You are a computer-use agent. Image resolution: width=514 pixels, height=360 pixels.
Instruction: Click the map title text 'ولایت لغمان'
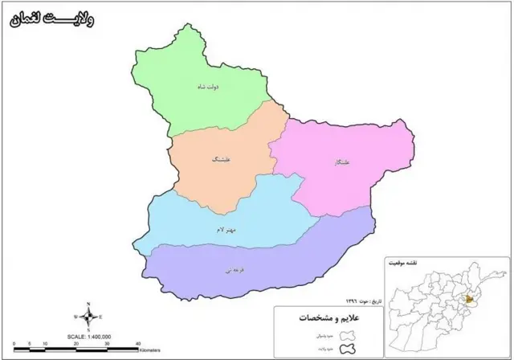(x=52, y=18)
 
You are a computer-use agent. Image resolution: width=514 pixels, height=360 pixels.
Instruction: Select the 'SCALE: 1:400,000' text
(x=88, y=336)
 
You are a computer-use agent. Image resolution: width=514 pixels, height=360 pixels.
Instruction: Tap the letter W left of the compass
(x=76, y=317)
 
